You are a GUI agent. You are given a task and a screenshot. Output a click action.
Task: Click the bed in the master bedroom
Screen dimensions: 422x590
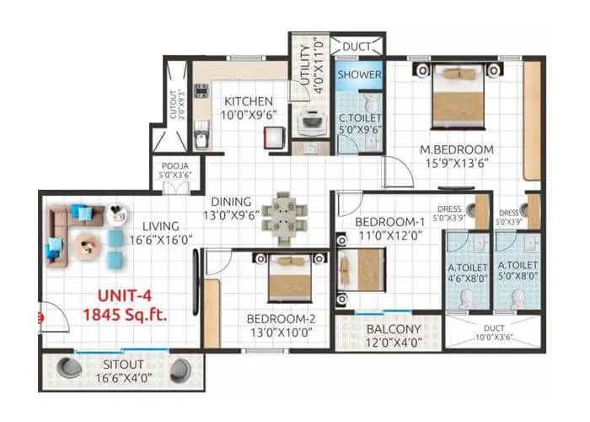coord(459,95)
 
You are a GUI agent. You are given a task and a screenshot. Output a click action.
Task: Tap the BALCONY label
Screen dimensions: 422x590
coord(389,328)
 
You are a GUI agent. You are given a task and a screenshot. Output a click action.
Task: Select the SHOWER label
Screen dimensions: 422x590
coord(360,74)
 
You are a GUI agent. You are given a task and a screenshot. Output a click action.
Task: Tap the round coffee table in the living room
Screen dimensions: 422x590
coord(84,246)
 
